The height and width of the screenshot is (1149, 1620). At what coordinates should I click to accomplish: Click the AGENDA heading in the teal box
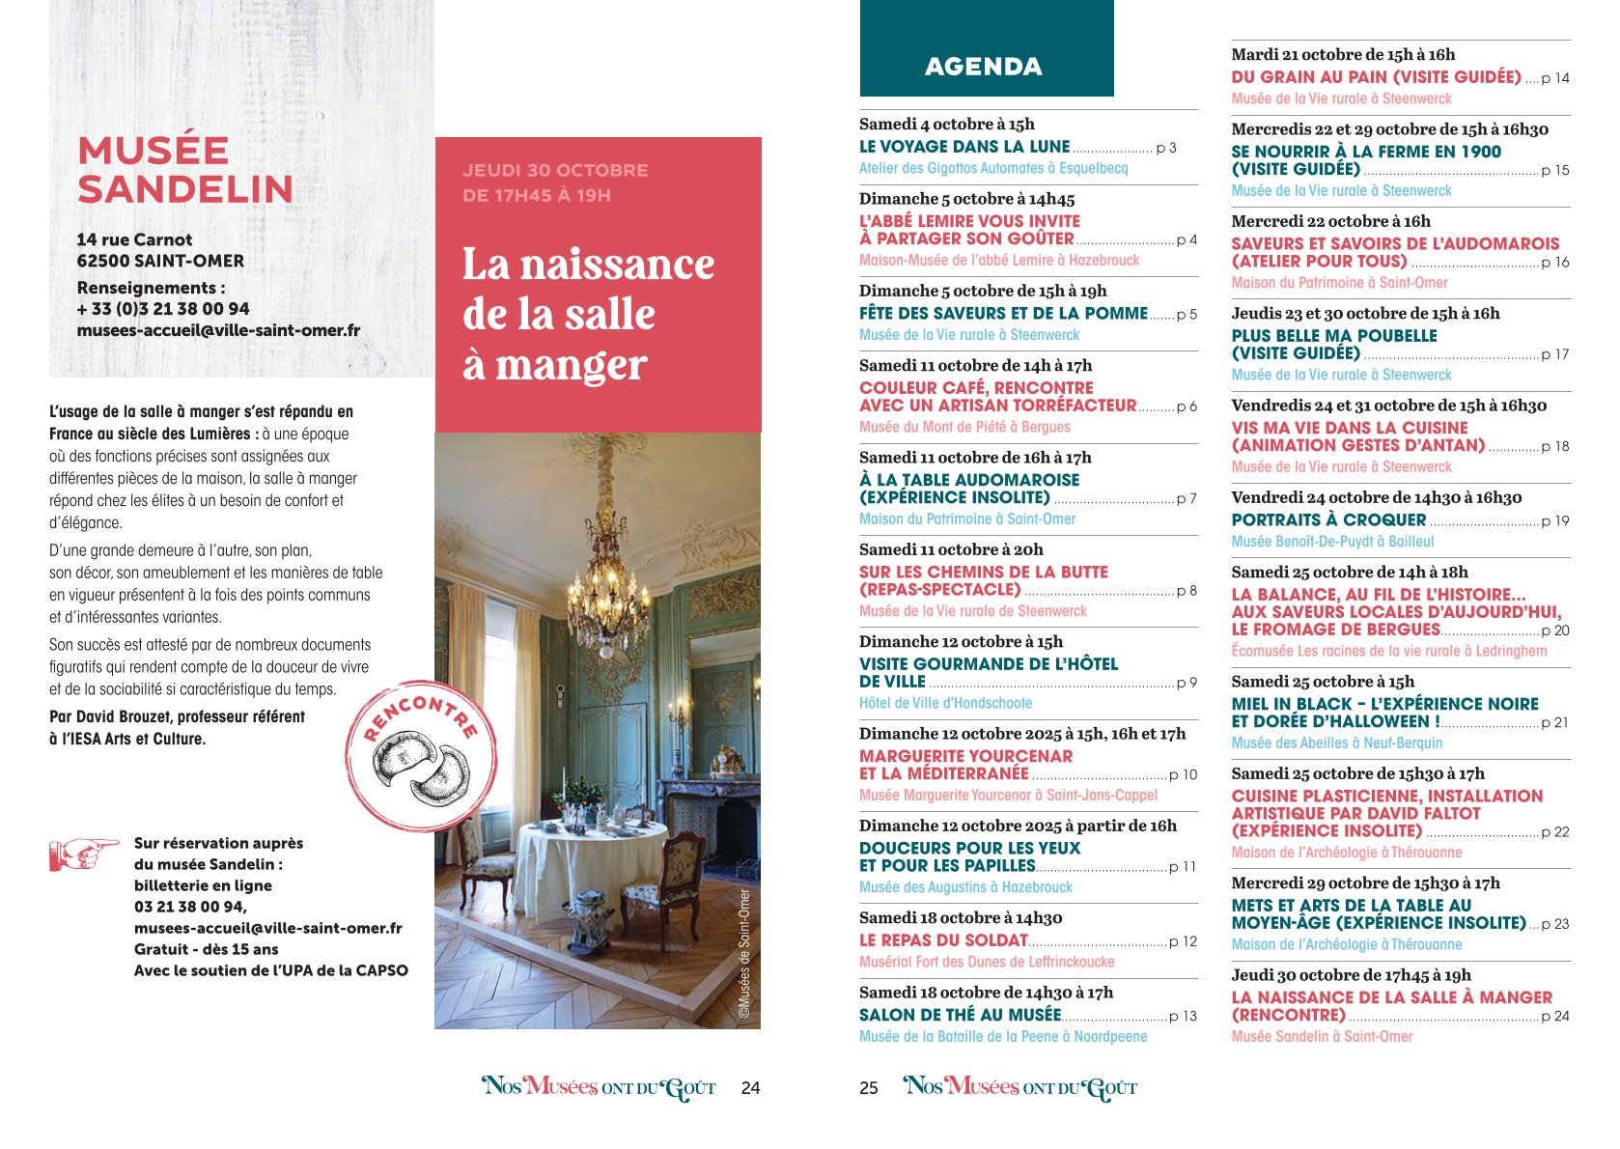[x=983, y=67]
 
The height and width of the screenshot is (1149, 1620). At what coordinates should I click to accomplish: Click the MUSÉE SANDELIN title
[x=185, y=170]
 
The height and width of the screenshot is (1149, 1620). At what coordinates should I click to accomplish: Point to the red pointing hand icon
[x=83, y=854]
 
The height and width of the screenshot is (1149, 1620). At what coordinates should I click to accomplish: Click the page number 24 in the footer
[x=750, y=1088]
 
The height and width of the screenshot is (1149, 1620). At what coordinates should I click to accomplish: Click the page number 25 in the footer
[x=869, y=1088]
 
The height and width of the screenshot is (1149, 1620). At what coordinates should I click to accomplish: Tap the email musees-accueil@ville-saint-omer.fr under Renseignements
[x=218, y=330]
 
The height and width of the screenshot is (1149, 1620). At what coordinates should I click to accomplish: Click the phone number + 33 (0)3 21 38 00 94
[x=163, y=309]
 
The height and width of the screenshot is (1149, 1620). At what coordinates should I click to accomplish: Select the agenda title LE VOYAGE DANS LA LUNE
[x=964, y=147]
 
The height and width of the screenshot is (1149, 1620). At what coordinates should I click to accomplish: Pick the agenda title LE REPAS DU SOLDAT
[x=943, y=940]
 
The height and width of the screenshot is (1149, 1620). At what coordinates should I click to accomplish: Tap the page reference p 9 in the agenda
[x=1187, y=683]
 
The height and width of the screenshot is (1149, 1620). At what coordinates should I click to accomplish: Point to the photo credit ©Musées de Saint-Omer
[x=744, y=954]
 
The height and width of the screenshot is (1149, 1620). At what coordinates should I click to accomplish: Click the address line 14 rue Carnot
[x=134, y=239]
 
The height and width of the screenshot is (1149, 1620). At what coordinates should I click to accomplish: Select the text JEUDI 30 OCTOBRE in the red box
[x=555, y=171]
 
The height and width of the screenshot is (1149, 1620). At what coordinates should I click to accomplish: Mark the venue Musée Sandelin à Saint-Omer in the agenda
[x=1322, y=1036]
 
